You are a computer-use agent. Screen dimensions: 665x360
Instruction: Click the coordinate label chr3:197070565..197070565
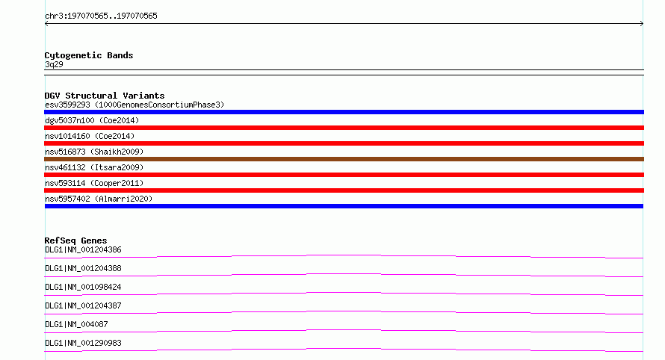coord(101,16)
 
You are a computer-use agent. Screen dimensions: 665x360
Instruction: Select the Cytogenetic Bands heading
coord(89,55)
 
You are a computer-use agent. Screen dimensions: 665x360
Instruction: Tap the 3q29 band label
coord(54,64)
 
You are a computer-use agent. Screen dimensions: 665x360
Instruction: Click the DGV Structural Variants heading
coord(105,96)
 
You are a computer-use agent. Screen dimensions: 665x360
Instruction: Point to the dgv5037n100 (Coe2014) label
coord(92,120)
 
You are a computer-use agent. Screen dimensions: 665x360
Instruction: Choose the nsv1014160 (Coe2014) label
coord(90,136)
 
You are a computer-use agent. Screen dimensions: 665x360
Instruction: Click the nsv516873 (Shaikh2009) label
coord(94,152)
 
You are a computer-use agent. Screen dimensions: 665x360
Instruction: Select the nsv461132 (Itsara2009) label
coord(94,167)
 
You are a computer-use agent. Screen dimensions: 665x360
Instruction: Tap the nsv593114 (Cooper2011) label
coord(94,183)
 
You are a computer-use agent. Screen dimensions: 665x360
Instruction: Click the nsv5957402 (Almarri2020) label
coord(99,199)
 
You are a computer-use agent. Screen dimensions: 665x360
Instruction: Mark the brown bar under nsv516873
coord(344,159)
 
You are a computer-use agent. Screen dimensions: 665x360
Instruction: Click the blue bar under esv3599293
coord(344,112)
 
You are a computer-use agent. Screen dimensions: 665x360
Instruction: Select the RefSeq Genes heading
coord(75,240)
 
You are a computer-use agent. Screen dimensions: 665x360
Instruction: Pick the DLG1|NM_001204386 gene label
coord(83,249)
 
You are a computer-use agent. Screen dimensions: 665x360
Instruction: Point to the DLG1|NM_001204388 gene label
coord(83,268)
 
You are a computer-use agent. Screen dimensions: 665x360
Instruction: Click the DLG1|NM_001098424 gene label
coord(83,287)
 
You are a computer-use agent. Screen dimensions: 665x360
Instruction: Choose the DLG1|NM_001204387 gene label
coord(83,305)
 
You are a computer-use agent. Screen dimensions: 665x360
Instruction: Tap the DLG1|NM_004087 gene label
coord(76,324)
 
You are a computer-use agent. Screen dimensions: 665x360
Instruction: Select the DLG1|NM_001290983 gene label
coord(83,343)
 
